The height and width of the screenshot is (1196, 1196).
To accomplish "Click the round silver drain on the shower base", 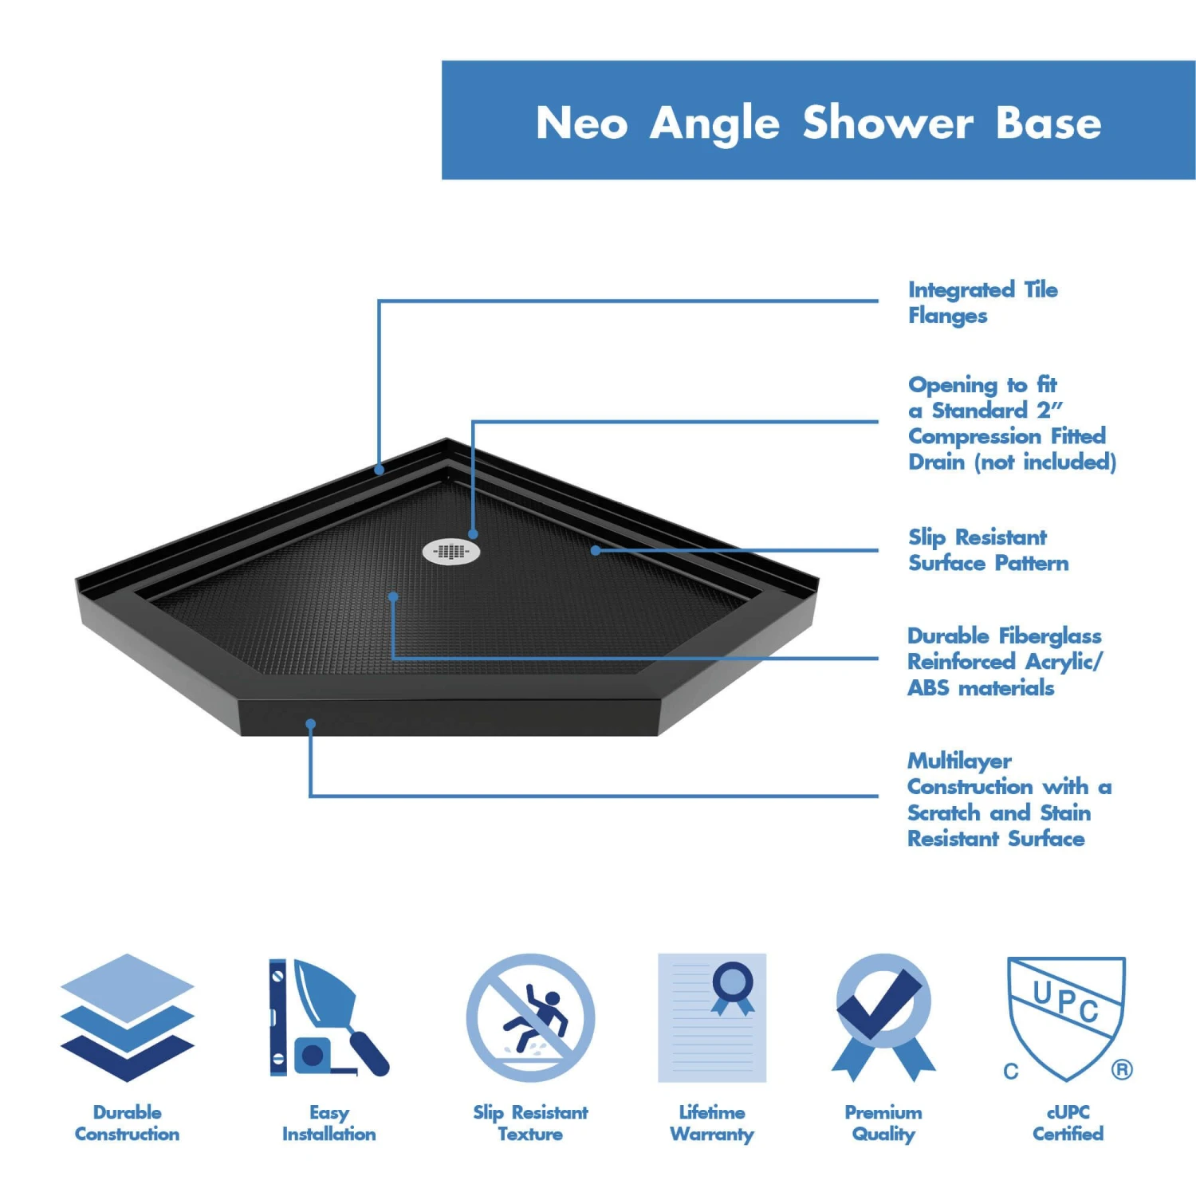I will pos(451,551).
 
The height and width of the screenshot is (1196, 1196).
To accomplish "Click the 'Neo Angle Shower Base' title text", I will pos(818,123).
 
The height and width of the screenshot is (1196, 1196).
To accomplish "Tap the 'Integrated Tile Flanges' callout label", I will pos(982,302).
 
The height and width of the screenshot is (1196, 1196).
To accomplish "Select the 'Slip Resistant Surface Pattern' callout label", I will pos(988,550).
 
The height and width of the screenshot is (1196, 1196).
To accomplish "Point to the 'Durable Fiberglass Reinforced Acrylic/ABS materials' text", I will pos(1004,661).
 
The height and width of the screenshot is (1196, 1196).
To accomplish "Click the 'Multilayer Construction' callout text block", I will pos(1008,799).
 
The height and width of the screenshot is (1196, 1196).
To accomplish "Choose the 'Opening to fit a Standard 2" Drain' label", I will pos(1010,423).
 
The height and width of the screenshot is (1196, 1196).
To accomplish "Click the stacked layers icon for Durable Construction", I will pos(128,1017).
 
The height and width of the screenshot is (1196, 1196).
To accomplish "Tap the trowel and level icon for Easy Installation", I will pos(328,1017).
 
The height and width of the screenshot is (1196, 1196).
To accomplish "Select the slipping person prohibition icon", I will pos(530,1017).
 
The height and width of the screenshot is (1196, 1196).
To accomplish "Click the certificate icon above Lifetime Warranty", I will pos(712,1017).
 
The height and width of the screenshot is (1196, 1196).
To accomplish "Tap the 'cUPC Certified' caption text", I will pos(1068,1123).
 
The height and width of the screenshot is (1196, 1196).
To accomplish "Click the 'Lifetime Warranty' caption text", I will pos(712,1123).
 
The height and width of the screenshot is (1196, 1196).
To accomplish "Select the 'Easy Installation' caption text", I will pos(329,1123).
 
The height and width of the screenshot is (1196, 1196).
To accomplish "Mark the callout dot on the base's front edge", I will pos(311,724).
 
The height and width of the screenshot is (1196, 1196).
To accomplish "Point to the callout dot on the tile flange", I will pos(380,470).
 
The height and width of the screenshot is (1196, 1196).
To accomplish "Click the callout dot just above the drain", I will pos(473,534).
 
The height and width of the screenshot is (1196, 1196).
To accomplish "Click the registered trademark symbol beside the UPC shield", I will pos(1122,1069).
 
